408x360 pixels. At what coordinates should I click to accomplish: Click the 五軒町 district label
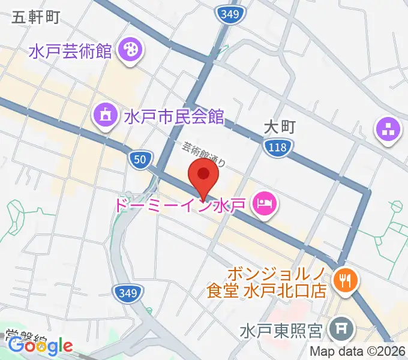(35, 17)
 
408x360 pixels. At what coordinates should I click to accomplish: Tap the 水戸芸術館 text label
(70, 50)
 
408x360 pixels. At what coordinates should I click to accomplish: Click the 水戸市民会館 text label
(174, 116)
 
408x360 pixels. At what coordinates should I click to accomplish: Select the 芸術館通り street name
(205, 154)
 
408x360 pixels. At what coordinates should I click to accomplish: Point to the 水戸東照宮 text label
(282, 330)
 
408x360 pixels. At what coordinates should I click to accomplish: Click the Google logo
(40, 346)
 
